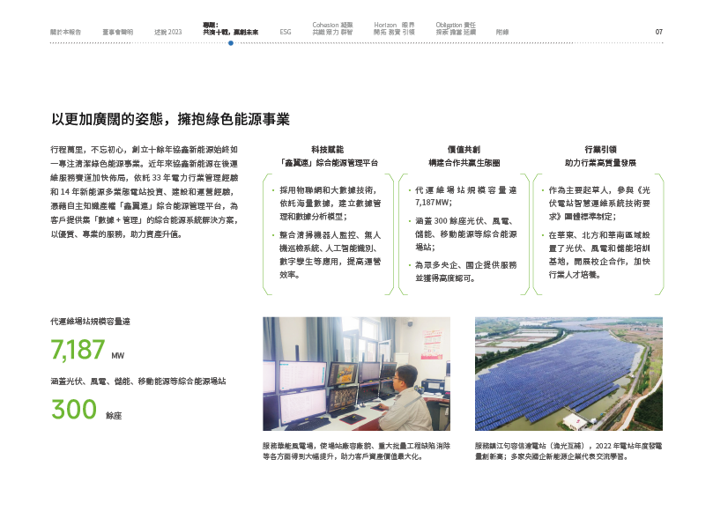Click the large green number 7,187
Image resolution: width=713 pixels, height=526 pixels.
(x=78, y=351)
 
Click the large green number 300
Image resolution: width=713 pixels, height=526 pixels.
(x=74, y=410)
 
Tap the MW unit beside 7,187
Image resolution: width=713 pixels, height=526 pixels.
(x=118, y=358)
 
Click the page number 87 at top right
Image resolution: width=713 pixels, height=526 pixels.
(x=658, y=32)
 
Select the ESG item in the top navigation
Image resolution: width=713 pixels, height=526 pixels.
(x=286, y=32)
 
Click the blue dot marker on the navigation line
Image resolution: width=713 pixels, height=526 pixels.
(x=231, y=42)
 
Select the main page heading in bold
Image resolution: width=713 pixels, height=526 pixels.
(x=170, y=119)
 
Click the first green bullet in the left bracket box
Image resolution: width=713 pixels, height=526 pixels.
(x=273, y=189)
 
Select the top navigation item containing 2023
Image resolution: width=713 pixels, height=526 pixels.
(x=167, y=32)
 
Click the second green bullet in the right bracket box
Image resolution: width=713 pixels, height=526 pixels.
(x=541, y=236)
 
